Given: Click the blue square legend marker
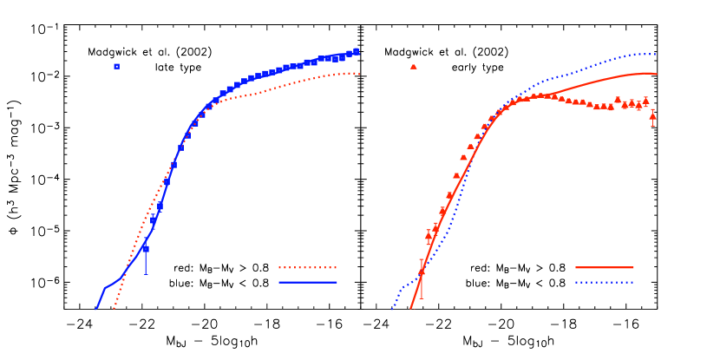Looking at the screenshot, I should click(116, 66).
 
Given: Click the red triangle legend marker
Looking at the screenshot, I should click(413, 66).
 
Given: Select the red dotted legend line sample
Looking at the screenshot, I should click(307, 267).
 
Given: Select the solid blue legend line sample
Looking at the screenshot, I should click(307, 282).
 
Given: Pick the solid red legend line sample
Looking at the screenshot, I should click(604, 267).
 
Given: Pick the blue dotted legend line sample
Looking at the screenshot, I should click(604, 282).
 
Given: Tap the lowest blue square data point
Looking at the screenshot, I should click(146, 249).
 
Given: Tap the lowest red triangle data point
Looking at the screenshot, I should click(422, 272).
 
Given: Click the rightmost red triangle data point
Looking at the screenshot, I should click(652, 115).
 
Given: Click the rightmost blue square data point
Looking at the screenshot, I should click(357, 51).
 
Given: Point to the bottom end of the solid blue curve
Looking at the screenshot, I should click(95, 308).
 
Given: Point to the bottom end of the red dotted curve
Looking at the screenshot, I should click(114, 308).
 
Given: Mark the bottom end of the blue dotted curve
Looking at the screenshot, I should click(392, 308).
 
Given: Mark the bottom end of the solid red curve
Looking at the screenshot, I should click(410, 308).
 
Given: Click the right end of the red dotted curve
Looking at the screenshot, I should click(359, 74).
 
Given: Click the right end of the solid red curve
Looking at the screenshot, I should click(657, 74).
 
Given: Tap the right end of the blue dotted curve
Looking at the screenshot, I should click(655, 54).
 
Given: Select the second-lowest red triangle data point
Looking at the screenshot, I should click(429, 234).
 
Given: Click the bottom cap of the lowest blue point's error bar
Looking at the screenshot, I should click(146, 274).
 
